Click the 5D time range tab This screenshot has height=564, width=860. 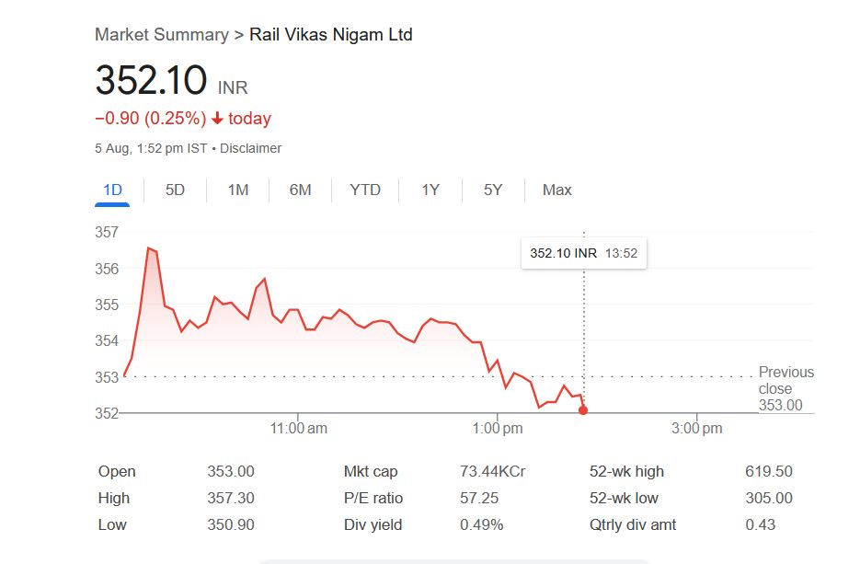[x=175, y=190]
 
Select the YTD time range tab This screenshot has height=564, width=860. [x=365, y=190]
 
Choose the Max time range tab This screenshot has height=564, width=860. [x=556, y=190]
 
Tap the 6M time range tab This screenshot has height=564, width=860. [x=300, y=190]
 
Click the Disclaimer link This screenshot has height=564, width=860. [x=250, y=148]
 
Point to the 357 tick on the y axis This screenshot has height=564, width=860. [x=107, y=233]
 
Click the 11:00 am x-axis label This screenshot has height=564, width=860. [x=299, y=429]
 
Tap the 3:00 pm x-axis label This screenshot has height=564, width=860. [x=697, y=429]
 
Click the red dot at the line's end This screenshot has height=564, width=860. [x=583, y=410]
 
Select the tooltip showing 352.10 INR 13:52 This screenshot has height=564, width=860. [x=583, y=253]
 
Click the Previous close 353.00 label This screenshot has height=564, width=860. [x=785, y=388]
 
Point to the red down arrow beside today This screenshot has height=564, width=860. [x=217, y=119]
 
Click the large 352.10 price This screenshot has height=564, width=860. [x=151, y=81]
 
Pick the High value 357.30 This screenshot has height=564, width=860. [x=231, y=498]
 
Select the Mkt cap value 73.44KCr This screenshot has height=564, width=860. [x=492, y=471]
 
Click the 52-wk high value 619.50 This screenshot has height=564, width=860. [x=768, y=471]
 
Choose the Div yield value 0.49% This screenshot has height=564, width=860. [x=481, y=524]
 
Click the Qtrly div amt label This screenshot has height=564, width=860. [x=633, y=524]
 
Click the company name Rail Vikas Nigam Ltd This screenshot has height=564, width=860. [x=331, y=35]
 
